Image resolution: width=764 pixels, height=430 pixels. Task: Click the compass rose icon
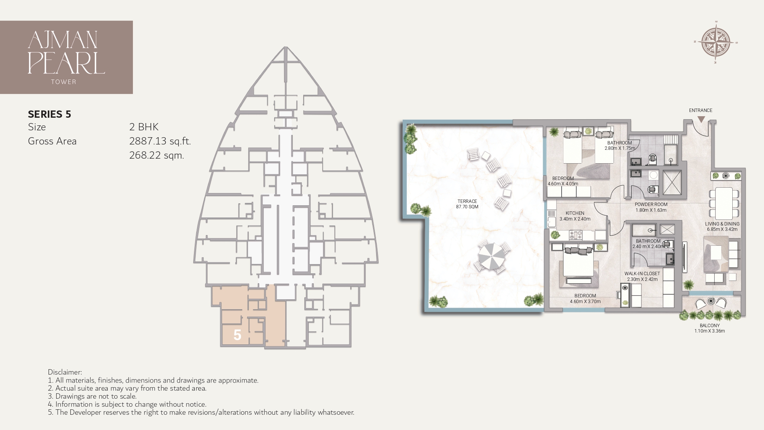click(715, 42)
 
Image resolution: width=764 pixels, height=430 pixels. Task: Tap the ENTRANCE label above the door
click(701, 110)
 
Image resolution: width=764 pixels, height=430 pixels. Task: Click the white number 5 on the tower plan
click(237, 335)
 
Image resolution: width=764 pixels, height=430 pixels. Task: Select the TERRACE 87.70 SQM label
click(467, 204)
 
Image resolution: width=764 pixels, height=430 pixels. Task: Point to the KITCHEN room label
click(575, 213)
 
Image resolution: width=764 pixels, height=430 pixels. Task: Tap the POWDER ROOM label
click(651, 204)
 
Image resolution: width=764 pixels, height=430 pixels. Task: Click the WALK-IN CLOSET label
click(642, 274)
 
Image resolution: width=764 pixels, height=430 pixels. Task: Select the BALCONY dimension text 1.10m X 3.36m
click(709, 331)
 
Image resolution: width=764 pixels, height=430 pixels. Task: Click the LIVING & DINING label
click(722, 224)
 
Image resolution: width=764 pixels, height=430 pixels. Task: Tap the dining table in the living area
click(724, 203)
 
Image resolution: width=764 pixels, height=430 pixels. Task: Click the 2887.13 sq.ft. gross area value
click(160, 141)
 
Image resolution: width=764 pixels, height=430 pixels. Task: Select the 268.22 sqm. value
click(157, 155)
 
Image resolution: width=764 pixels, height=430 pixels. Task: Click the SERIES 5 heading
click(50, 114)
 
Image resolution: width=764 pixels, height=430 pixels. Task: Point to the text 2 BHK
click(144, 127)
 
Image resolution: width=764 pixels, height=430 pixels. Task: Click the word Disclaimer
click(65, 372)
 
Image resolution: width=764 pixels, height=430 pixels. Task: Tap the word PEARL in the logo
click(66, 63)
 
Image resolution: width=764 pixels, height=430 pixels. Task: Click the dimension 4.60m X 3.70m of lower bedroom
click(585, 301)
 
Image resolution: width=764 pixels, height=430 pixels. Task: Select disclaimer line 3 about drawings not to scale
click(92, 396)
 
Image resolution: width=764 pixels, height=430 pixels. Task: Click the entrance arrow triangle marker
click(701, 119)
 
